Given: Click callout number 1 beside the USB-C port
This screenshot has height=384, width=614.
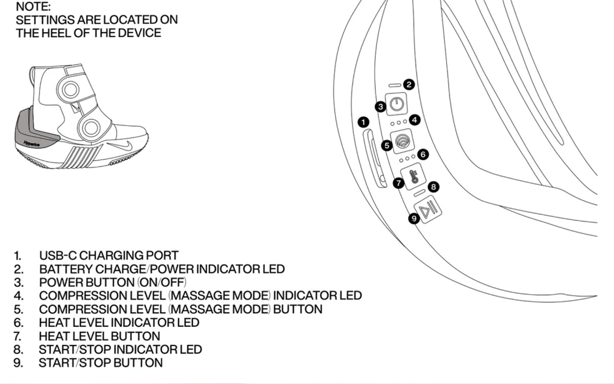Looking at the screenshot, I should tap(364, 122).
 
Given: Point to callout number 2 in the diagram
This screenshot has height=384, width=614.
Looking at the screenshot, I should tap(408, 84).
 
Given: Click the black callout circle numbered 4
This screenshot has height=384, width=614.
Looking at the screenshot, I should tap(415, 120).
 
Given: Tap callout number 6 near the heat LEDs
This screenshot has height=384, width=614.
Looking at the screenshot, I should tap(422, 154).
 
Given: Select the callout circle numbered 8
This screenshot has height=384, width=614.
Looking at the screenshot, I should tap(433, 187).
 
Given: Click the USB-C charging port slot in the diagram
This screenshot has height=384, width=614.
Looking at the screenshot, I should tap(373, 159).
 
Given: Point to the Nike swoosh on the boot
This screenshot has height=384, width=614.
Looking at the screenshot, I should tap(125, 144).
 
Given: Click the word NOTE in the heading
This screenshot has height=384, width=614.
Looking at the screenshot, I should tap(33, 7).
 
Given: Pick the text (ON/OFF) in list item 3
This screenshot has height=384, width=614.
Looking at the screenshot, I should tap(162, 282).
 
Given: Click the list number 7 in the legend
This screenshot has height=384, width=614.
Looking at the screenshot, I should tap(17, 336).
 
